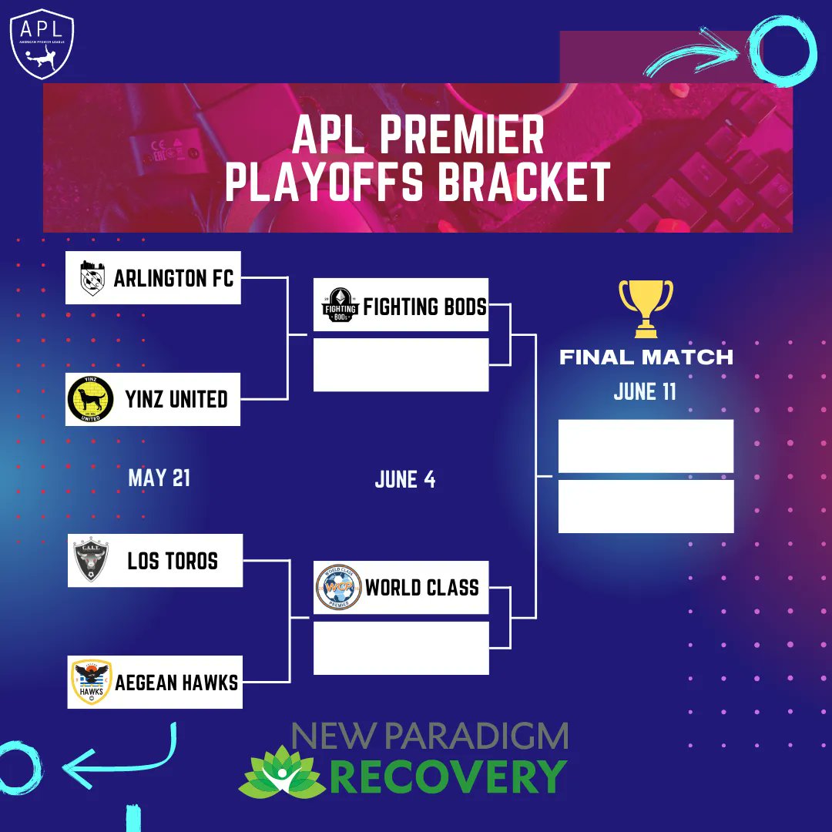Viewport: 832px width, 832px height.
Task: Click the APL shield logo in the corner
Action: point(42,44)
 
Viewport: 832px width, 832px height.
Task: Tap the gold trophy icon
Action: point(646,308)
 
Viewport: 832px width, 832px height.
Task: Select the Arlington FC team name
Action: point(173,278)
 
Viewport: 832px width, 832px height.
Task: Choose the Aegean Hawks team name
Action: point(176,683)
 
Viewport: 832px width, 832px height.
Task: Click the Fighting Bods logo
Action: point(340,305)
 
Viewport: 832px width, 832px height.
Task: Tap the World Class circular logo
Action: point(338,588)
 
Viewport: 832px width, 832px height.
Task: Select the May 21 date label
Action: point(159,478)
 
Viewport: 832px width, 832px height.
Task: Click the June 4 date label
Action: point(405,480)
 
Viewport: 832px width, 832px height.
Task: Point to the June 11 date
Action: point(645,391)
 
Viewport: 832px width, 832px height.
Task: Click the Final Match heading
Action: point(646,357)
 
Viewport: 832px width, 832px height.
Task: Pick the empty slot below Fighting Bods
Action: point(401,364)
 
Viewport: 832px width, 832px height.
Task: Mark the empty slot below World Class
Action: point(401,648)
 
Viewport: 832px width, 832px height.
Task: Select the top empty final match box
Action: point(646,446)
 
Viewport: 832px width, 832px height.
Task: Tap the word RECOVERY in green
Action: point(450,777)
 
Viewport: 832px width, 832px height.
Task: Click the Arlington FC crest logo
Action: point(92,278)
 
